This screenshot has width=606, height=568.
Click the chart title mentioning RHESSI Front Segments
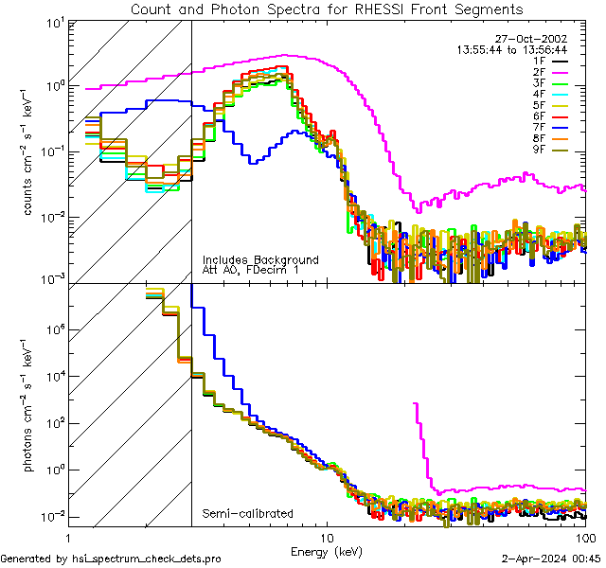click(327, 9)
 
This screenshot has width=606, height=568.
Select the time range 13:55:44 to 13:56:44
click(512, 49)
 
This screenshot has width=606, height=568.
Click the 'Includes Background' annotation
click(260, 259)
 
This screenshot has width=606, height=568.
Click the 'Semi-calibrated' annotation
click(247, 514)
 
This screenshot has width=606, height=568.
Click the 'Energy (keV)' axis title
click(327, 550)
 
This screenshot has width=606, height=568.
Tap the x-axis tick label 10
click(327, 537)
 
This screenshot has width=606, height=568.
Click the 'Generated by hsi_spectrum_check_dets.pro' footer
click(111, 559)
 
